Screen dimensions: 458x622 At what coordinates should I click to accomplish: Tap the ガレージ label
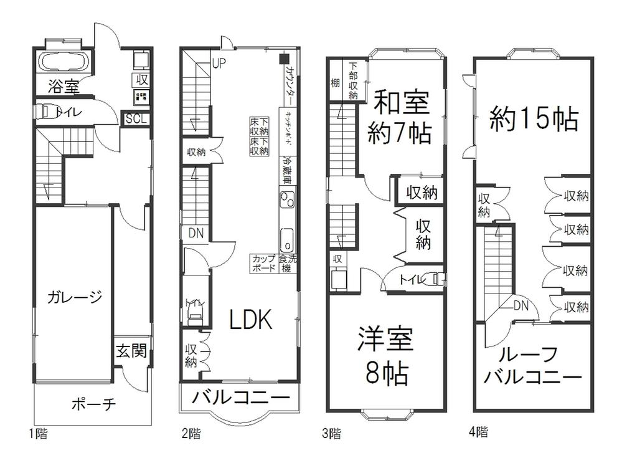pyautogui.click(x=74, y=297)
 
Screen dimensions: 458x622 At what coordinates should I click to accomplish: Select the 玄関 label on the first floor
pyautogui.click(x=131, y=352)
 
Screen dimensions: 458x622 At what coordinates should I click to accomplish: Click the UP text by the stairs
pyautogui.click(x=219, y=63)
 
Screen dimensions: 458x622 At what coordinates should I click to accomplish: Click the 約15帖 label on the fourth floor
pyautogui.click(x=534, y=118)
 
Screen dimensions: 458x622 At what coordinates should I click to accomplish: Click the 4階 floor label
pyautogui.click(x=478, y=431)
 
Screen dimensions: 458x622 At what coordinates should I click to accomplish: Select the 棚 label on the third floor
pyautogui.click(x=335, y=83)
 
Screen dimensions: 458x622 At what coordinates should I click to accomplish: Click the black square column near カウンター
pyautogui.click(x=283, y=60)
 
